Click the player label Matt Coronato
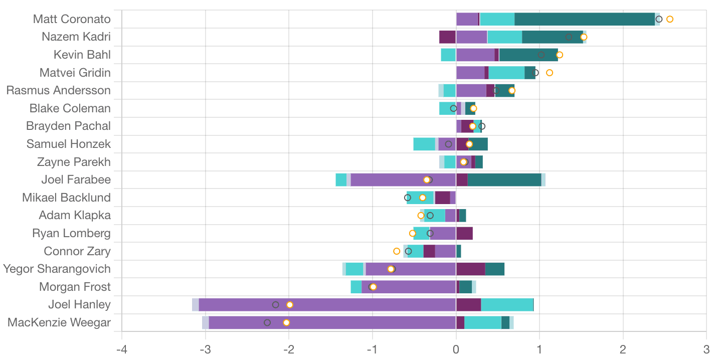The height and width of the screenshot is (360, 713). (72, 19)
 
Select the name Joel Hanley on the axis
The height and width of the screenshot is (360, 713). (79, 304)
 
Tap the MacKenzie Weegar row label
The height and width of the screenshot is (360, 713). (59, 322)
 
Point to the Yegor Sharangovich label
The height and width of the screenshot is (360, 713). (57, 269)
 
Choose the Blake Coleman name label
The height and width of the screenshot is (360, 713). (70, 108)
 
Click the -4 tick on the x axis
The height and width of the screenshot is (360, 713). (121, 348)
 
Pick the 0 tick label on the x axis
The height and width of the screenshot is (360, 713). (456, 348)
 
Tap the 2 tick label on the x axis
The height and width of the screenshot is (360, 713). (623, 348)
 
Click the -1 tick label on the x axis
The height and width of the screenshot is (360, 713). (372, 348)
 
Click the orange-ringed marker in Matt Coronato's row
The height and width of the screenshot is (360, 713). (669, 19)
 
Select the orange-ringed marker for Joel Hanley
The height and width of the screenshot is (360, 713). (290, 305)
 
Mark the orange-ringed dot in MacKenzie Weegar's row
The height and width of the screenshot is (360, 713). (286, 322)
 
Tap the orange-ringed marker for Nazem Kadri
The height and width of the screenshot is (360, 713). (584, 37)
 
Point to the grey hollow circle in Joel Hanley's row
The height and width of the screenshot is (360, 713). (275, 305)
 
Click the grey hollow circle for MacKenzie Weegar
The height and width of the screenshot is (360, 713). (267, 322)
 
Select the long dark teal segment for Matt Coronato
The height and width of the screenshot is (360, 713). (584, 19)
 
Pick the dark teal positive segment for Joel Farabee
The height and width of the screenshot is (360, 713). (504, 179)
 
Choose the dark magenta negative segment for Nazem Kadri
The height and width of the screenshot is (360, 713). (447, 37)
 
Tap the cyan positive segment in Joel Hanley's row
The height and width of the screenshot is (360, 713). (506, 305)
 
